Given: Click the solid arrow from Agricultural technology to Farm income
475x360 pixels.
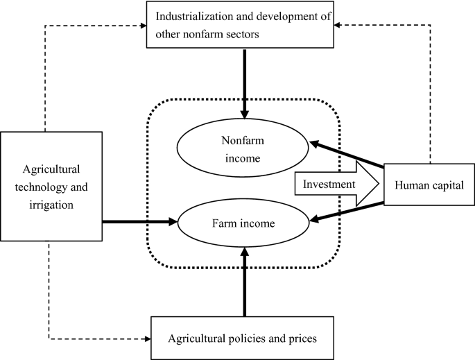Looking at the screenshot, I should pyautogui.click(x=139, y=222).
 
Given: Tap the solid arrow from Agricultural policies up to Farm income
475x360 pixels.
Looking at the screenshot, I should pyautogui.click(x=244, y=284).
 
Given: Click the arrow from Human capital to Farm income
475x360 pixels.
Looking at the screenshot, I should pyautogui.click(x=347, y=213).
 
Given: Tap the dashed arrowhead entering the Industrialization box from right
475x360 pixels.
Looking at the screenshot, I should pyautogui.click(x=338, y=26).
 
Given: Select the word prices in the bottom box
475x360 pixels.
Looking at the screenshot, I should pyautogui.click(x=298, y=339).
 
